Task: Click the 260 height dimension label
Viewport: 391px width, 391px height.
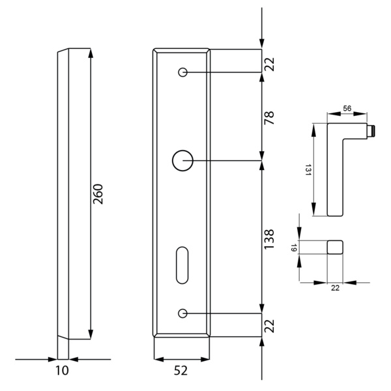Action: [98, 194]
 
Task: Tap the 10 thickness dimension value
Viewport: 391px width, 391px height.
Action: [62, 370]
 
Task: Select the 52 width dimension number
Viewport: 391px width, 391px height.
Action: [182, 370]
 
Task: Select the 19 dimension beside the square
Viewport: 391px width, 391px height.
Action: [294, 247]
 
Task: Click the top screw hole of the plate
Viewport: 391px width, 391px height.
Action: [183, 72]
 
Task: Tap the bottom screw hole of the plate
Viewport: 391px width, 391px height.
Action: [183, 313]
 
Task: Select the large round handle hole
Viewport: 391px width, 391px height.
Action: [182, 160]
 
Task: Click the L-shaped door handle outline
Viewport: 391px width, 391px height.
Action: [334, 169]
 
